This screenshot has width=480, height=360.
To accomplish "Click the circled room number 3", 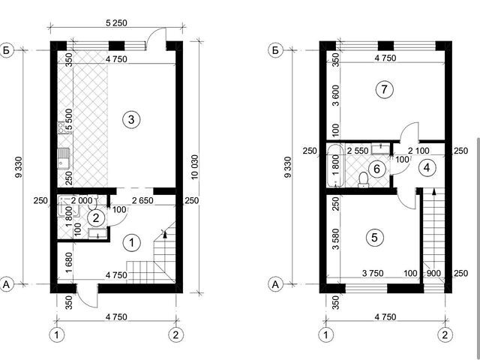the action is (x=131, y=119).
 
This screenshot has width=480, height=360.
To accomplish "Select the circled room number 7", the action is (x=384, y=89).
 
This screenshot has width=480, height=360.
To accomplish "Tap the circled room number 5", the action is (x=375, y=237).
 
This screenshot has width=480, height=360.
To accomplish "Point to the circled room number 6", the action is (x=376, y=169).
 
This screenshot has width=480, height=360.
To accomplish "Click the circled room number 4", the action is (x=427, y=167).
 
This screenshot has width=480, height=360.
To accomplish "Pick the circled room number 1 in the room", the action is (x=132, y=243).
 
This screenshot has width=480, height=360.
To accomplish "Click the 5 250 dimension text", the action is (x=116, y=22).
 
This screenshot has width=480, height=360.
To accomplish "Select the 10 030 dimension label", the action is (x=194, y=166).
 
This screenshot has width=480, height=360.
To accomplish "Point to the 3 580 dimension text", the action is (x=336, y=239).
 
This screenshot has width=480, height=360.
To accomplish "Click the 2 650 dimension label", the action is (x=142, y=200).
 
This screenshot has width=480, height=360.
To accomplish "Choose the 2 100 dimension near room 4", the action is (x=418, y=150).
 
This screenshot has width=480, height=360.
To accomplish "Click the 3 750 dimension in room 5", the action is (x=373, y=273).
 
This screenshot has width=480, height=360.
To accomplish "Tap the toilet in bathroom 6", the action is (x=363, y=179).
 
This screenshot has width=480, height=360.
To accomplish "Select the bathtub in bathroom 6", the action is (x=336, y=166).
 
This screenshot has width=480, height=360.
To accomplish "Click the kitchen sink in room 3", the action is (x=64, y=158).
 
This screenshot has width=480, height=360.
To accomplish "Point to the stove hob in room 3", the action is (x=61, y=127).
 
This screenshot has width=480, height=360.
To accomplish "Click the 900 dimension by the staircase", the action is (x=433, y=273).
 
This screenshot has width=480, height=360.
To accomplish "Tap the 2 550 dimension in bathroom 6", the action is (x=358, y=151).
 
